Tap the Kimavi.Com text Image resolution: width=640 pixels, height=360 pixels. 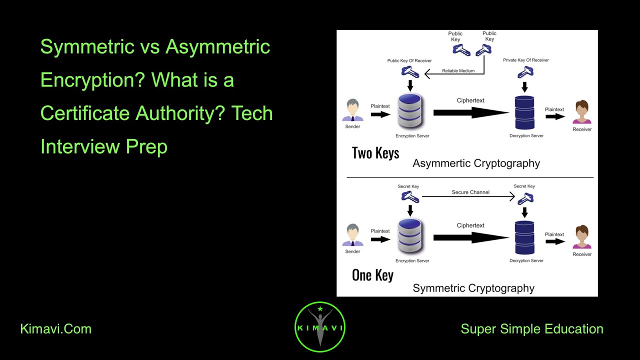pos(55,329)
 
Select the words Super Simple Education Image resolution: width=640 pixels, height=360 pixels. pos(531,329)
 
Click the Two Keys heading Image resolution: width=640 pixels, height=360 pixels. pos(375,153)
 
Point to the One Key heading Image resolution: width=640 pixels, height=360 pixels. pos(372,275)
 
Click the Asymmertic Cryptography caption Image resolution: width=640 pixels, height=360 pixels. pos(476,163)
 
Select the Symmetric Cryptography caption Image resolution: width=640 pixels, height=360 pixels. pos(473,288)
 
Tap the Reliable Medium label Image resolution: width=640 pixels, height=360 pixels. pos(458,71)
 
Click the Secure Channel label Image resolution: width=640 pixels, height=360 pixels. pos(470,192)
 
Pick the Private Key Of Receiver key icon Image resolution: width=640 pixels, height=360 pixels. pos(525,72)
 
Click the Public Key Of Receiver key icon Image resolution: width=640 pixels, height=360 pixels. pos(410,72)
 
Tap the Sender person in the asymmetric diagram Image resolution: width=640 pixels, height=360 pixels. pos(352,110)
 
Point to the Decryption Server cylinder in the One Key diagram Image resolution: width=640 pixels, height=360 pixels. pos(525,237)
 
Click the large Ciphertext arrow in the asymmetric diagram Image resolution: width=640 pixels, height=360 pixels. pos(470,113)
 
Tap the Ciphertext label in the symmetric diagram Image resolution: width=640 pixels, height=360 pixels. pos(470,225)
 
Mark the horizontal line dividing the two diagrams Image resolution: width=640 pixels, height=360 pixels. pos(470,177)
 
